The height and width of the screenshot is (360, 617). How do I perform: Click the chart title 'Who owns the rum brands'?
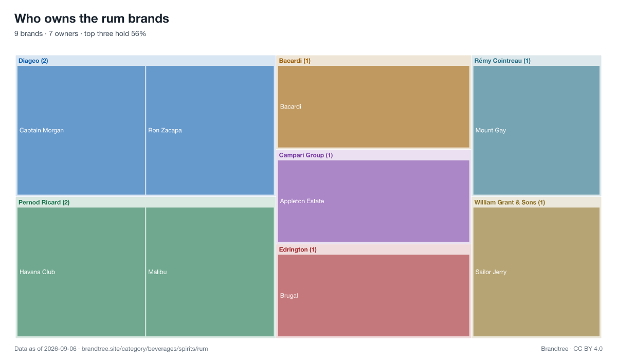[x=92, y=19]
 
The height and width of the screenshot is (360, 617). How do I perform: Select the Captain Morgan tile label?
[x=42, y=130]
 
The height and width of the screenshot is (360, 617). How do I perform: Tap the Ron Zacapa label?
[x=165, y=130]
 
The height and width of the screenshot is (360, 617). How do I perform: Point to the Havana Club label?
[x=37, y=272]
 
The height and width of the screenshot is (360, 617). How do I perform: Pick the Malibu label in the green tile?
[x=157, y=272]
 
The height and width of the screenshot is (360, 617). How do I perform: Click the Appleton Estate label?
[x=302, y=201]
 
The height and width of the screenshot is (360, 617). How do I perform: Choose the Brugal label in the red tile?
[x=289, y=296]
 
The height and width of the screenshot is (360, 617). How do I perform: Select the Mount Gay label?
[x=491, y=130]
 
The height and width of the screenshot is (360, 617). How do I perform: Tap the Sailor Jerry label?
[x=491, y=272]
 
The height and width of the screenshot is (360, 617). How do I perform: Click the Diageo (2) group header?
[x=33, y=61]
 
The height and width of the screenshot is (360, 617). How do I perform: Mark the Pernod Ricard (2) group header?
[x=44, y=203]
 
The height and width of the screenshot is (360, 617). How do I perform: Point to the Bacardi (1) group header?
[x=295, y=61]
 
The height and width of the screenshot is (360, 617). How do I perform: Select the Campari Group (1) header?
[x=306, y=155]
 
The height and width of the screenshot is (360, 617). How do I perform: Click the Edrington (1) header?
[x=298, y=249]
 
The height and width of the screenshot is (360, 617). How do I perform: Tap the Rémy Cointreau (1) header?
[x=502, y=61]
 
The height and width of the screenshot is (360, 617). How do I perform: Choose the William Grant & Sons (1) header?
[x=510, y=203]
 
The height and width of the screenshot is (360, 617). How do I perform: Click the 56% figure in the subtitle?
[x=138, y=33]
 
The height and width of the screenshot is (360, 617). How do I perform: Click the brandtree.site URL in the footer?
[x=144, y=349]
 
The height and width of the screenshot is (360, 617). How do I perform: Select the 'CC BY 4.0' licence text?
[x=588, y=349]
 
